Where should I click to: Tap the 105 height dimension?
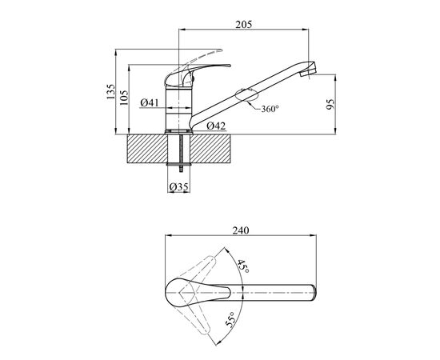pos(123,98)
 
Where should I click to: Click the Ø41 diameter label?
pos(148,102)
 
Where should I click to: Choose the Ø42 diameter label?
pos(214,126)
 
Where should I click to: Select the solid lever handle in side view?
pos(196,74)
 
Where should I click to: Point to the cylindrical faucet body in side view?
pos(178,108)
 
